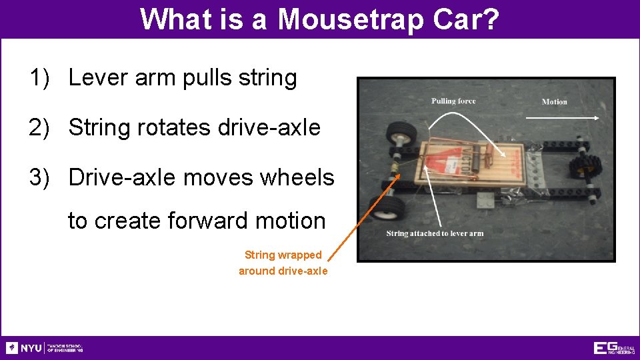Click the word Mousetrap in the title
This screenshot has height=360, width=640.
(x=351, y=19)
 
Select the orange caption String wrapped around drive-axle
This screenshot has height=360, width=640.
(x=283, y=263)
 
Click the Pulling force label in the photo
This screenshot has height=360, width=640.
(x=453, y=101)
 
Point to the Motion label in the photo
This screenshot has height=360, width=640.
(x=554, y=102)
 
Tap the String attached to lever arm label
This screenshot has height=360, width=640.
(x=435, y=233)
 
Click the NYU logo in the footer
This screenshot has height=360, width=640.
(x=24, y=348)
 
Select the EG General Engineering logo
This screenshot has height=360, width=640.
(x=613, y=348)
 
